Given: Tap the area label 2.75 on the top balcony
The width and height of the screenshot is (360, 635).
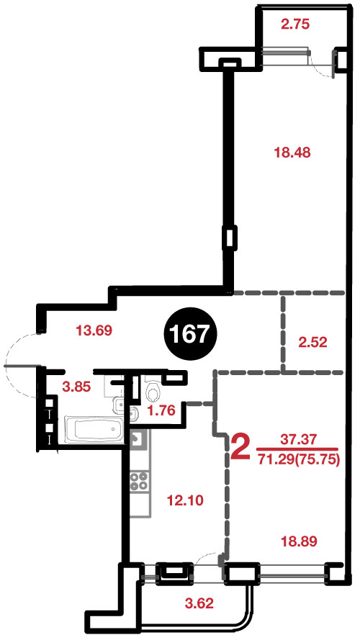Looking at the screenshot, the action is [295, 24].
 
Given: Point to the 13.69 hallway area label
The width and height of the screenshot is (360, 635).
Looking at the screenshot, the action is [94, 331].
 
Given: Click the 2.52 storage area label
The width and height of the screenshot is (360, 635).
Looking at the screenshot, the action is [312, 343].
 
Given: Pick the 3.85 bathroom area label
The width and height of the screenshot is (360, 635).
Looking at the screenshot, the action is [76, 387].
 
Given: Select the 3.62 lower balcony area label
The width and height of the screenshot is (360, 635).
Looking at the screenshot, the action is [199, 604].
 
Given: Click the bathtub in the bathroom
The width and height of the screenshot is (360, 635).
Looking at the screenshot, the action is [93, 430].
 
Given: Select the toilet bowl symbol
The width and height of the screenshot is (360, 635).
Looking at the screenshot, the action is [152, 392].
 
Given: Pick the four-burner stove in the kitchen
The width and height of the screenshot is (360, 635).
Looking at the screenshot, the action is [139, 481].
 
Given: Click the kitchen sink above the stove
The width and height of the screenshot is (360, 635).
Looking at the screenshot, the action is [138, 438].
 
